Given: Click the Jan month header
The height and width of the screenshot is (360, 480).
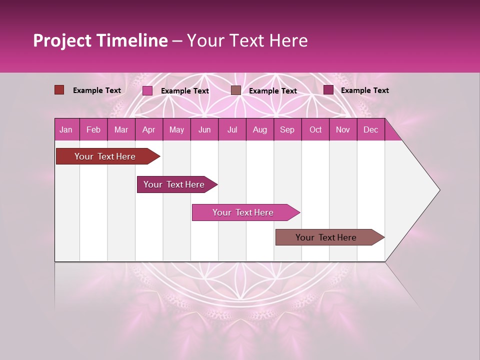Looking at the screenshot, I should point(66,130).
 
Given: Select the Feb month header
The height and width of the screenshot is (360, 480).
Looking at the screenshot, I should point(93,130).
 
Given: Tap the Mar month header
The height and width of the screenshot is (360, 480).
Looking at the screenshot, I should point(121,130).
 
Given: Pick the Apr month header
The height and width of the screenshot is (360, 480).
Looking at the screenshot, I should point(149,130).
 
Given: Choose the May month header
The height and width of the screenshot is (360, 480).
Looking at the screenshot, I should point(176,130).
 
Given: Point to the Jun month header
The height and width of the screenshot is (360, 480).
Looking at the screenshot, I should point(204,130).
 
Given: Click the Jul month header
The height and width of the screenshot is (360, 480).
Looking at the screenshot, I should point(232,130).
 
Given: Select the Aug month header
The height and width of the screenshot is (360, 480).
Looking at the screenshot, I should point(260,130).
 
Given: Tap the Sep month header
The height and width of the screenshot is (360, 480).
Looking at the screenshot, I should point(287,130).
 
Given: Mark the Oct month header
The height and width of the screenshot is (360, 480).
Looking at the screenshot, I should point(315,130).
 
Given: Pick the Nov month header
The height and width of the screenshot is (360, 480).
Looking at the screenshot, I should point(343,130).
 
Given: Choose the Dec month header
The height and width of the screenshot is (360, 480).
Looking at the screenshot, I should point(371,130).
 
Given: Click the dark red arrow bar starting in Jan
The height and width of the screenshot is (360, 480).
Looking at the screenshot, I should point(105,156).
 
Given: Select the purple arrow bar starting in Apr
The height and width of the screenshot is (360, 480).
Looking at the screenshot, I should point(174,184).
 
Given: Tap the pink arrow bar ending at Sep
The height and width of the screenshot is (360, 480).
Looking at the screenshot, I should point(243,212).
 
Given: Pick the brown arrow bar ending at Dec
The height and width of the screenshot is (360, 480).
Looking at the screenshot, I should point(326,237).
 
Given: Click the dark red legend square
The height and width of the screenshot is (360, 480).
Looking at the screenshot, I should point(59,90).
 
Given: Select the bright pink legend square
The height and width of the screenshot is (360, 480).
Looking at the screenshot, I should point(147,90).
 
